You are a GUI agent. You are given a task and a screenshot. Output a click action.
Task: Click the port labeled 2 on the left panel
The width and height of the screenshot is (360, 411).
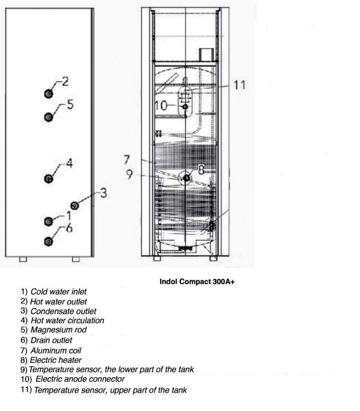tap(48, 94)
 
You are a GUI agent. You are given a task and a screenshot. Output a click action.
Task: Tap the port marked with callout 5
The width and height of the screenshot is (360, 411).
tap(48, 117)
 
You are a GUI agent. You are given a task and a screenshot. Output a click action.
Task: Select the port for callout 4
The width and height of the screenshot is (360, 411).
tap(48, 179)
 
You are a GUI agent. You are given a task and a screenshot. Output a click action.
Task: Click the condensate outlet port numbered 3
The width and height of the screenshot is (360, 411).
tap(74, 205)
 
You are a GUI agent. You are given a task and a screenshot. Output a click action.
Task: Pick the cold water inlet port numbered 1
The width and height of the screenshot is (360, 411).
tap(48, 221)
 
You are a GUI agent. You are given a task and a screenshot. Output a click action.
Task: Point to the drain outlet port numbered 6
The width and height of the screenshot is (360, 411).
tap(48, 241)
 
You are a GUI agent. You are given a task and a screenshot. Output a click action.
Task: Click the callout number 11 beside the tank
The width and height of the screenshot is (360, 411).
tap(239, 85)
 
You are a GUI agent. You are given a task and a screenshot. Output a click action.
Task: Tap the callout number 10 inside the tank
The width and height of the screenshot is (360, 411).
tap(161, 106)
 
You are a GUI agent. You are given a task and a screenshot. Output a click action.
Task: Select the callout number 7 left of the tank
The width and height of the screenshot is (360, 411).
tap(127, 160)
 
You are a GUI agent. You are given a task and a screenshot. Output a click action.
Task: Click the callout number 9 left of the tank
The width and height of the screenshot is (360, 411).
tap(129, 175)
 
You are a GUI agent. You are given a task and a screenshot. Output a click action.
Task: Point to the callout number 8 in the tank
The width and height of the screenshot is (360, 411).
tap(201, 169)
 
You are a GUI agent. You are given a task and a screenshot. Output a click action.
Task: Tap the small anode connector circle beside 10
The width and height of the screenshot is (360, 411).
tap(185, 107)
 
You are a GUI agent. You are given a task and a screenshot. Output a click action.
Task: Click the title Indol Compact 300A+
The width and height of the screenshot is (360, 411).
tap(197, 282)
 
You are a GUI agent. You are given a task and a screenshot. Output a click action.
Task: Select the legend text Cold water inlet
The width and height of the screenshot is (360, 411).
tap(58, 292)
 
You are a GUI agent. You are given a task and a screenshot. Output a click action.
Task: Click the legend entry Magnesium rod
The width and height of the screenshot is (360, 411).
tap(58, 330)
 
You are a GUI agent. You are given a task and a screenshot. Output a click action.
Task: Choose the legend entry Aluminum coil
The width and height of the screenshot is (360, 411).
tap(56, 351)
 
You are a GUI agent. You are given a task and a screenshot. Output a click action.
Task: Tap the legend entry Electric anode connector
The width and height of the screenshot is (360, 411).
tap(80, 379)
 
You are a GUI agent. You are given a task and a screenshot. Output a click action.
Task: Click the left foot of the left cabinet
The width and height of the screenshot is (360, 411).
tap(23, 259)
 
